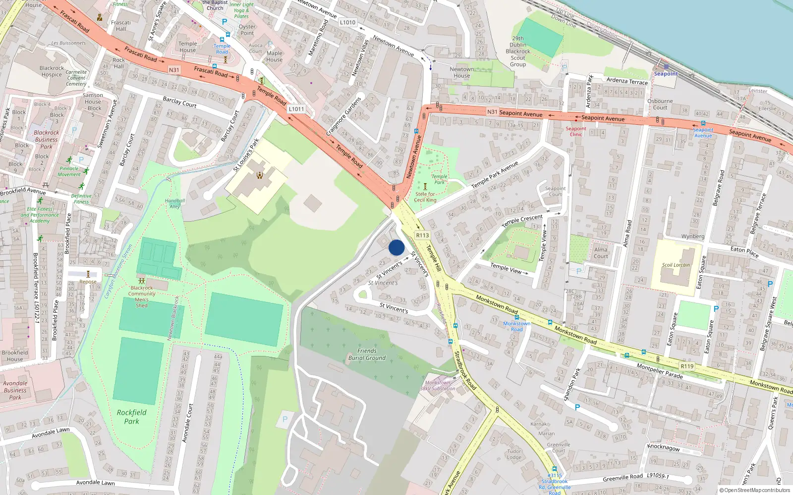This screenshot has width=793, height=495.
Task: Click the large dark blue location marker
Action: [x=396, y=247]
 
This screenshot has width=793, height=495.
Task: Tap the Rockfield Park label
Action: [x=131, y=417]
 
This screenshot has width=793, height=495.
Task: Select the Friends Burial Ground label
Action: [x=367, y=354]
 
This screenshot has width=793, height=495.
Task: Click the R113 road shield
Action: [x=422, y=236]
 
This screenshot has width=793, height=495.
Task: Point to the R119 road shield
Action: [x=687, y=366]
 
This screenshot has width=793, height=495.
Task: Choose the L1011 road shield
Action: [x=296, y=109]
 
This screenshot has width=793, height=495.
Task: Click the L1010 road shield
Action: [x=347, y=22]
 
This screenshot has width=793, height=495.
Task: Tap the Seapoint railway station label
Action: [x=666, y=74]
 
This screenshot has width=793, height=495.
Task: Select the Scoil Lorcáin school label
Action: [x=676, y=265]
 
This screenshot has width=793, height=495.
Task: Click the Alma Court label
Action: [x=601, y=253]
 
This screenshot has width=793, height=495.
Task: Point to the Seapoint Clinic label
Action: [x=576, y=131]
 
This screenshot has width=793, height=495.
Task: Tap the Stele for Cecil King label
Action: [x=425, y=197]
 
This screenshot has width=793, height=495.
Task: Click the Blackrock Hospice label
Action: [x=52, y=71]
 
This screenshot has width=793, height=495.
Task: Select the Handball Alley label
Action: [x=175, y=203]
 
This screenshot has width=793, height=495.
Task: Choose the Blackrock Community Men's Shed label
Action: [x=142, y=297]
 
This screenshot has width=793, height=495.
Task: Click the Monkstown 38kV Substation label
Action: [x=438, y=386]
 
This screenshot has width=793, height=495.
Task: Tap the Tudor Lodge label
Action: [x=514, y=454]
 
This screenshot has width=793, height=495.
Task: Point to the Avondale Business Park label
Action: [x=15, y=390]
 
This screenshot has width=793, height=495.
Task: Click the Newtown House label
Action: [x=461, y=72]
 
